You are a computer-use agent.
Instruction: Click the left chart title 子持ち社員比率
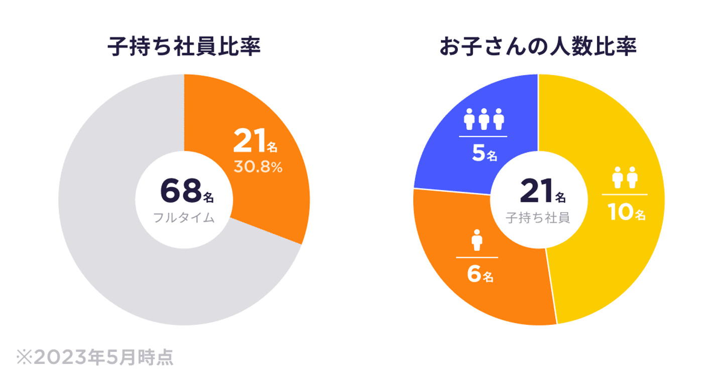[x=184, y=48]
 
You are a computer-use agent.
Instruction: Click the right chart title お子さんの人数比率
[x=538, y=48]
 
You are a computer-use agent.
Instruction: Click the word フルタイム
[x=184, y=218]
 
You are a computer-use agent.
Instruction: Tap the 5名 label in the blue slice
[x=484, y=155]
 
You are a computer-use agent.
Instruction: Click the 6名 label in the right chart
[x=480, y=275]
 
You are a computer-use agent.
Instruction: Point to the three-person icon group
[x=484, y=119]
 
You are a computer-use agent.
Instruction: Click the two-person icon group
[x=625, y=177]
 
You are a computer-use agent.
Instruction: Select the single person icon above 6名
[x=476, y=240]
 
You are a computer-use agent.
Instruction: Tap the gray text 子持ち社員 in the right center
[x=538, y=218]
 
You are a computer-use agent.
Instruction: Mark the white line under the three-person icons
[x=483, y=136]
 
